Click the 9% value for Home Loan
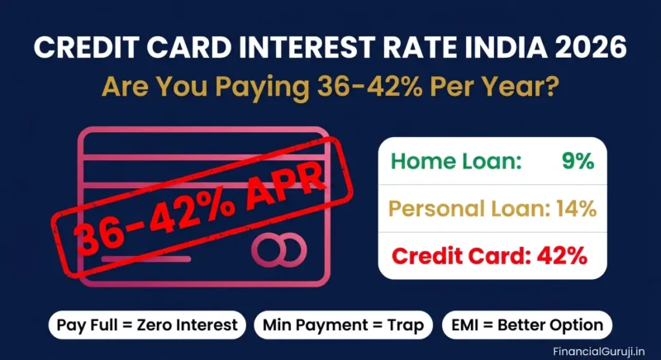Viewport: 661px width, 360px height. click(x=577, y=162)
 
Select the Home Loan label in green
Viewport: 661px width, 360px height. click(x=456, y=162)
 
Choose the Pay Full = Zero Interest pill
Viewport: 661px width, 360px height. click(x=146, y=324)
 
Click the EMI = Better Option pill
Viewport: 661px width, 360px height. click(x=527, y=324)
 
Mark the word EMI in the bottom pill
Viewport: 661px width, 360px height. click(x=467, y=324)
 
